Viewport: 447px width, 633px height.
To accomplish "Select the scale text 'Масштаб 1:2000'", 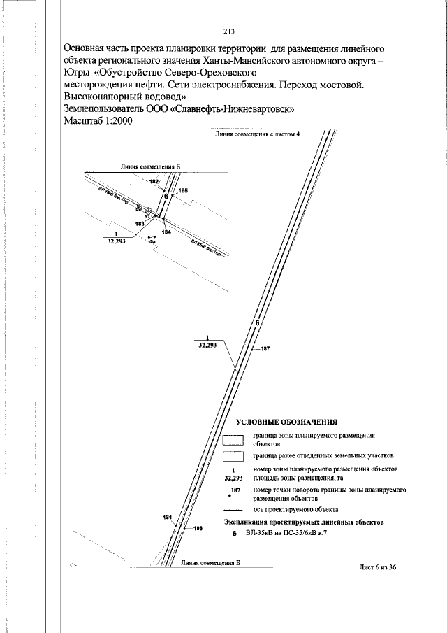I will pyautogui.click(x=98, y=120).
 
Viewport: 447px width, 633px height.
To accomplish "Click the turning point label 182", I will pyautogui.click(x=154, y=181).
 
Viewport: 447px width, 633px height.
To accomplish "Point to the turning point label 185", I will pyautogui.click(x=183, y=190).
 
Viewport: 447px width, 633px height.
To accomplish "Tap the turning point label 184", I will pyautogui.click(x=166, y=231).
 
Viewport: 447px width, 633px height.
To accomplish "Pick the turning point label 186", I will pyautogui.click(x=198, y=529).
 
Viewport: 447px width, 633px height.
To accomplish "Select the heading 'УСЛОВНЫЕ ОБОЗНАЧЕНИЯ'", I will pyautogui.click(x=287, y=422).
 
